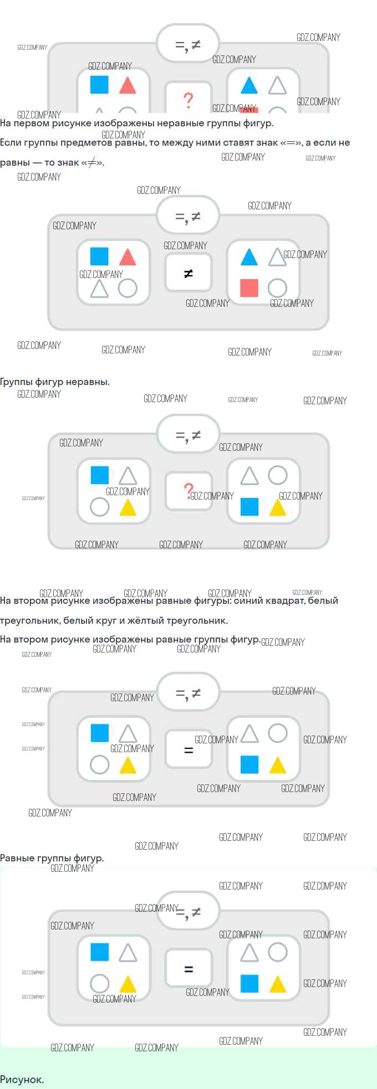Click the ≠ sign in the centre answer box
tap(188, 273)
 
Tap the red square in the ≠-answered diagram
tap(249, 288)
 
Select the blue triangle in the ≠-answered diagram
tap(249, 257)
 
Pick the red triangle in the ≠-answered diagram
tap(128, 257)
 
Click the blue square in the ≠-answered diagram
tap(99, 256)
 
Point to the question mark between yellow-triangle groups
tap(188, 490)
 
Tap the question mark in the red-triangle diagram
tap(188, 100)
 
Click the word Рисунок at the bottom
tap(22, 1079)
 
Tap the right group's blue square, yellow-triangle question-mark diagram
tap(249, 507)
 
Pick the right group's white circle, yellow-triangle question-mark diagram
tap(278, 475)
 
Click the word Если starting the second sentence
tap(11, 143)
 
